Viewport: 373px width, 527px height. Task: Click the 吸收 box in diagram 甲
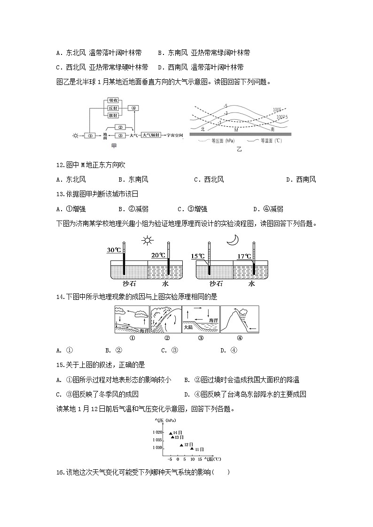click(113, 100)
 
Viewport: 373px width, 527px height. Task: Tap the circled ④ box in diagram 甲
click(134, 108)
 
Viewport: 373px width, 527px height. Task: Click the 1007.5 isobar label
click(282, 117)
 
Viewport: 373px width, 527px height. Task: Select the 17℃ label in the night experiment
click(245, 257)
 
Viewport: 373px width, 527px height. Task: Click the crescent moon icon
click(233, 240)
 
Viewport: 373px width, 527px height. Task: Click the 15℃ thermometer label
click(198, 256)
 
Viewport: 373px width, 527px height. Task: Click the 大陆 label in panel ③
click(188, 327)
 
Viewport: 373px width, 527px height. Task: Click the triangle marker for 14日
click(171, 432)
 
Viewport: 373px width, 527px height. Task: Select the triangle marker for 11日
click(192, 449)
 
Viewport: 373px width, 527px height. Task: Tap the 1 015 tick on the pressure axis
click(157, 440)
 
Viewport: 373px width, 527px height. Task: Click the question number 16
click(59, 472)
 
